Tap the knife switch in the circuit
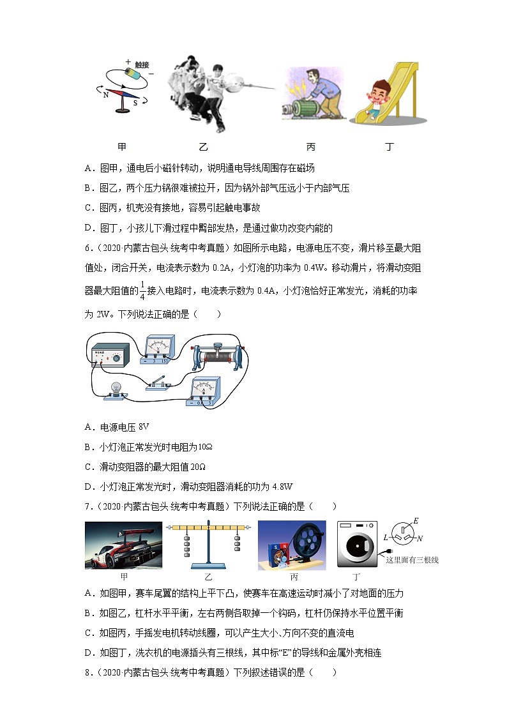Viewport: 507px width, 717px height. click(157, 383)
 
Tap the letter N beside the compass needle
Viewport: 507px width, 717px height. click(106, 94)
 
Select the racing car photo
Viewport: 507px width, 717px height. click(123, 545)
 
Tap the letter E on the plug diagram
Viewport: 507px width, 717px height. click(416, 521)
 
